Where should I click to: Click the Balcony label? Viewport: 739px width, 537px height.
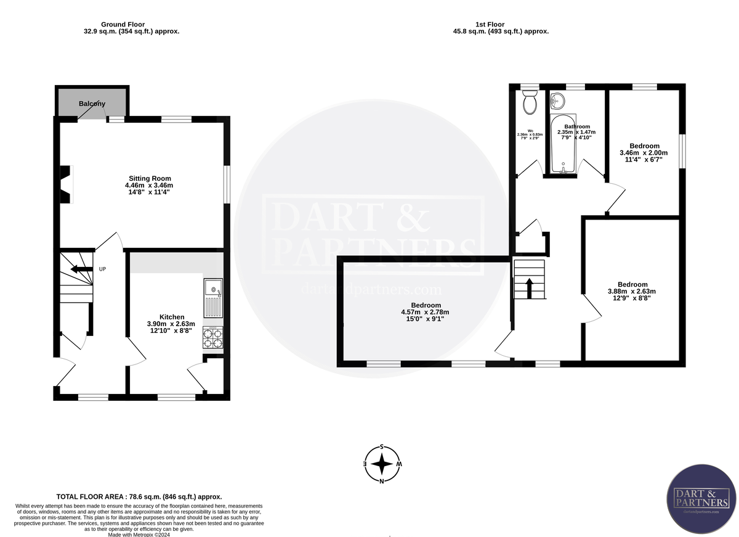coord(92,104)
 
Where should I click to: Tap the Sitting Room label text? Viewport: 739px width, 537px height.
coord(145,178)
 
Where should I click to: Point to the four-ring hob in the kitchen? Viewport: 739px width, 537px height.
coord(213,337)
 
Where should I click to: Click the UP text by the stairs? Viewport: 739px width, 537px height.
coord(103,269)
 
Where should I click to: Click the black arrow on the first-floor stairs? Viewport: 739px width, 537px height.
coord(530,286)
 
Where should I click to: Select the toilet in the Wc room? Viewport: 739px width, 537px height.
coord(529,103)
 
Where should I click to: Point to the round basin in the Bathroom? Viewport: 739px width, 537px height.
coord(557,100)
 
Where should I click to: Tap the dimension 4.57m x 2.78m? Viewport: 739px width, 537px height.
coord(426,313)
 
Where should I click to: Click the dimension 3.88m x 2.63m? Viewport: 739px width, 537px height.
coord(632,292)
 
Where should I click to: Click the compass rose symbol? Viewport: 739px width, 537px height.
coord(382,464)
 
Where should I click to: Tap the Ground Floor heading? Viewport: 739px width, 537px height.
coord(123,24)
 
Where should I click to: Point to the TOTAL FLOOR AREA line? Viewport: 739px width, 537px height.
coord(139,496)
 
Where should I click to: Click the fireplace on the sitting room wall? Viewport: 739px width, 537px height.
coord(66,184)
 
